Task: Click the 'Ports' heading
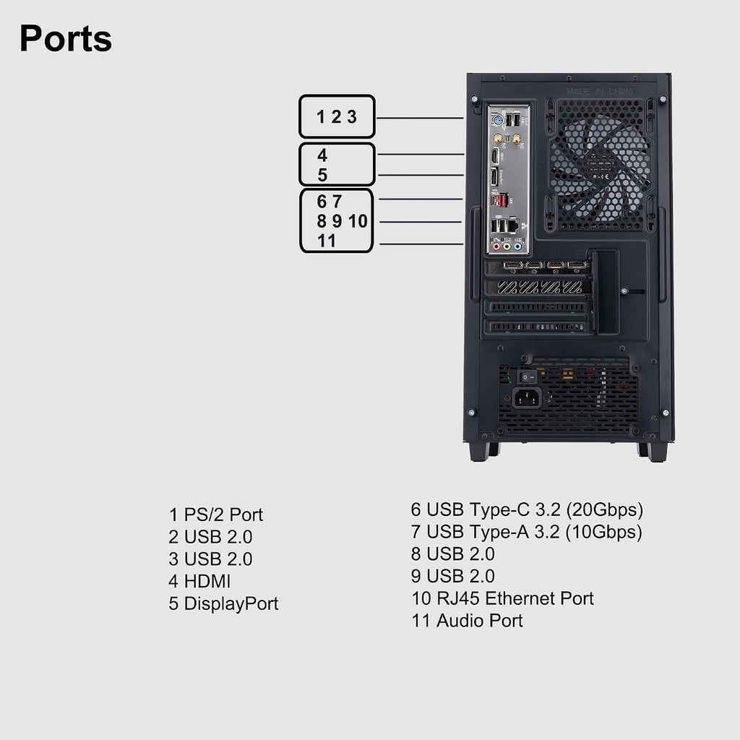pyautogui.click(x=66, y=38)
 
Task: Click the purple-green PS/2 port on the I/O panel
pyautogui.click(x=497, y=121)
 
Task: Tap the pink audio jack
pyautogui.click(x=496, y=246)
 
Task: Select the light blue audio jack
pyautogui.click(x=517, y=246)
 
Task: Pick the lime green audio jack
pyautogui.click(x=507, y=246)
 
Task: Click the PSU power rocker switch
pyautogui.click(x=528, y=377)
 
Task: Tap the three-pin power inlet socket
pyautogui.click(x=527, y=398)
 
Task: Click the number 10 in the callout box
pyautogui.click(x=358, y=221)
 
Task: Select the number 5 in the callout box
pyautogui.click(x=322, y=175)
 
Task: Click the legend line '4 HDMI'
pyautogui.click(x=199, y=582)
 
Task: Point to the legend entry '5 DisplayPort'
pyautogui.click(x=224, y=603)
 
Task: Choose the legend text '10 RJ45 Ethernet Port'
pyautogui.click(x=503, y=598)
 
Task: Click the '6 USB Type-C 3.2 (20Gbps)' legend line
pyautogui.click(x=527, y=509)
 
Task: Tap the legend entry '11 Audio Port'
pyautogui.click(x=468, y=621)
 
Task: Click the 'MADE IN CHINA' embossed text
pyautogui.click(x=600, y=91)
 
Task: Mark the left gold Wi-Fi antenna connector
pyautogui.click(x=497, y=139)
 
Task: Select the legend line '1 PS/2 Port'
pyautogui.click(x=215, y=515)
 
